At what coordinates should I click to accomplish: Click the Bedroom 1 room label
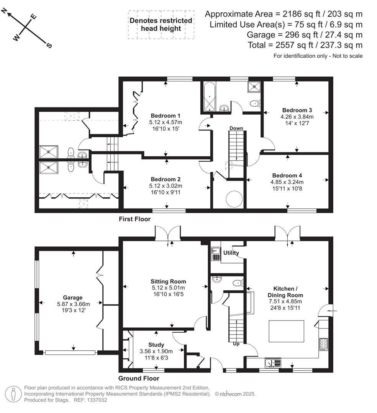pos(166,116)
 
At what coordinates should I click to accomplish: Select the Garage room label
pos(73,298)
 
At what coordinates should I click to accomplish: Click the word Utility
pos(231,253)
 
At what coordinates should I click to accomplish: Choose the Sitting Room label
pos(168,281)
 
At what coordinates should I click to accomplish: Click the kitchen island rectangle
pos(286,332)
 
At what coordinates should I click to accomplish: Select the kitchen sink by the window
pos(271,362)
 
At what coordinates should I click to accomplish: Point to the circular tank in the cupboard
pos(234,198)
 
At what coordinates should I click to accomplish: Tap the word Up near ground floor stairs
pos(236,344)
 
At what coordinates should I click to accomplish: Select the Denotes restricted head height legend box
pos(161,24)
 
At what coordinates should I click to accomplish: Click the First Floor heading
pos(134,220)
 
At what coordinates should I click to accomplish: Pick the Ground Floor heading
pos(138,379)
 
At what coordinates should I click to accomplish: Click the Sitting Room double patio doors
pos(168,233)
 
